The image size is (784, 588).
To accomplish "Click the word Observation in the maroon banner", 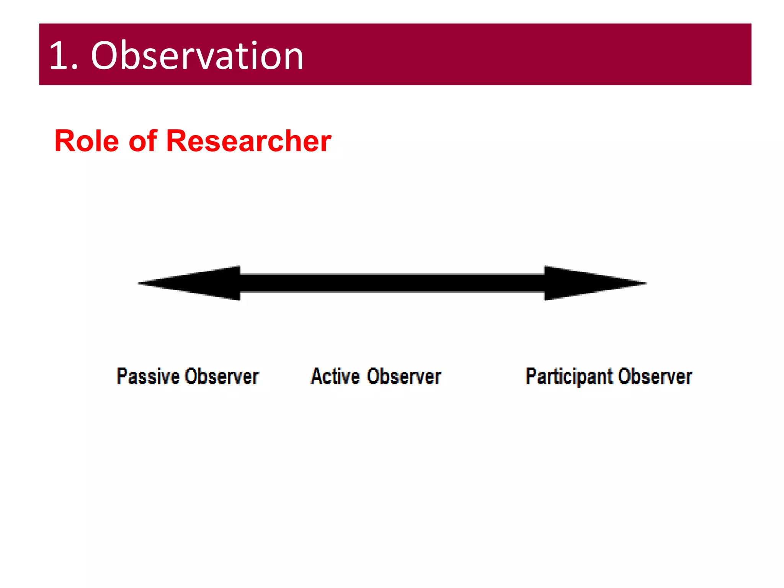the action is [197, 56].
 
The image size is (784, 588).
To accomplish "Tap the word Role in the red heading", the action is [87, 141].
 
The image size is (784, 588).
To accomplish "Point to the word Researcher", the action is [248, 141].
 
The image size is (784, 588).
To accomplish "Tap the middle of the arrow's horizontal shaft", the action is [392, 283].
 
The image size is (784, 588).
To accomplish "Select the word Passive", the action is [148, 376].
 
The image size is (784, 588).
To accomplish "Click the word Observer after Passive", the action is [222, 376].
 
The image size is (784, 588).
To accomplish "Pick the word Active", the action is [335, 376].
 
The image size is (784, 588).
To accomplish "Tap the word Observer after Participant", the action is [655, 376].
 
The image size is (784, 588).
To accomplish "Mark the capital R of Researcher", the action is [177, 141].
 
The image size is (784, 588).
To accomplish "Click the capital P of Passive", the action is [122, 376].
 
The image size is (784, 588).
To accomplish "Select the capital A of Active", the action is [316, 376].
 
